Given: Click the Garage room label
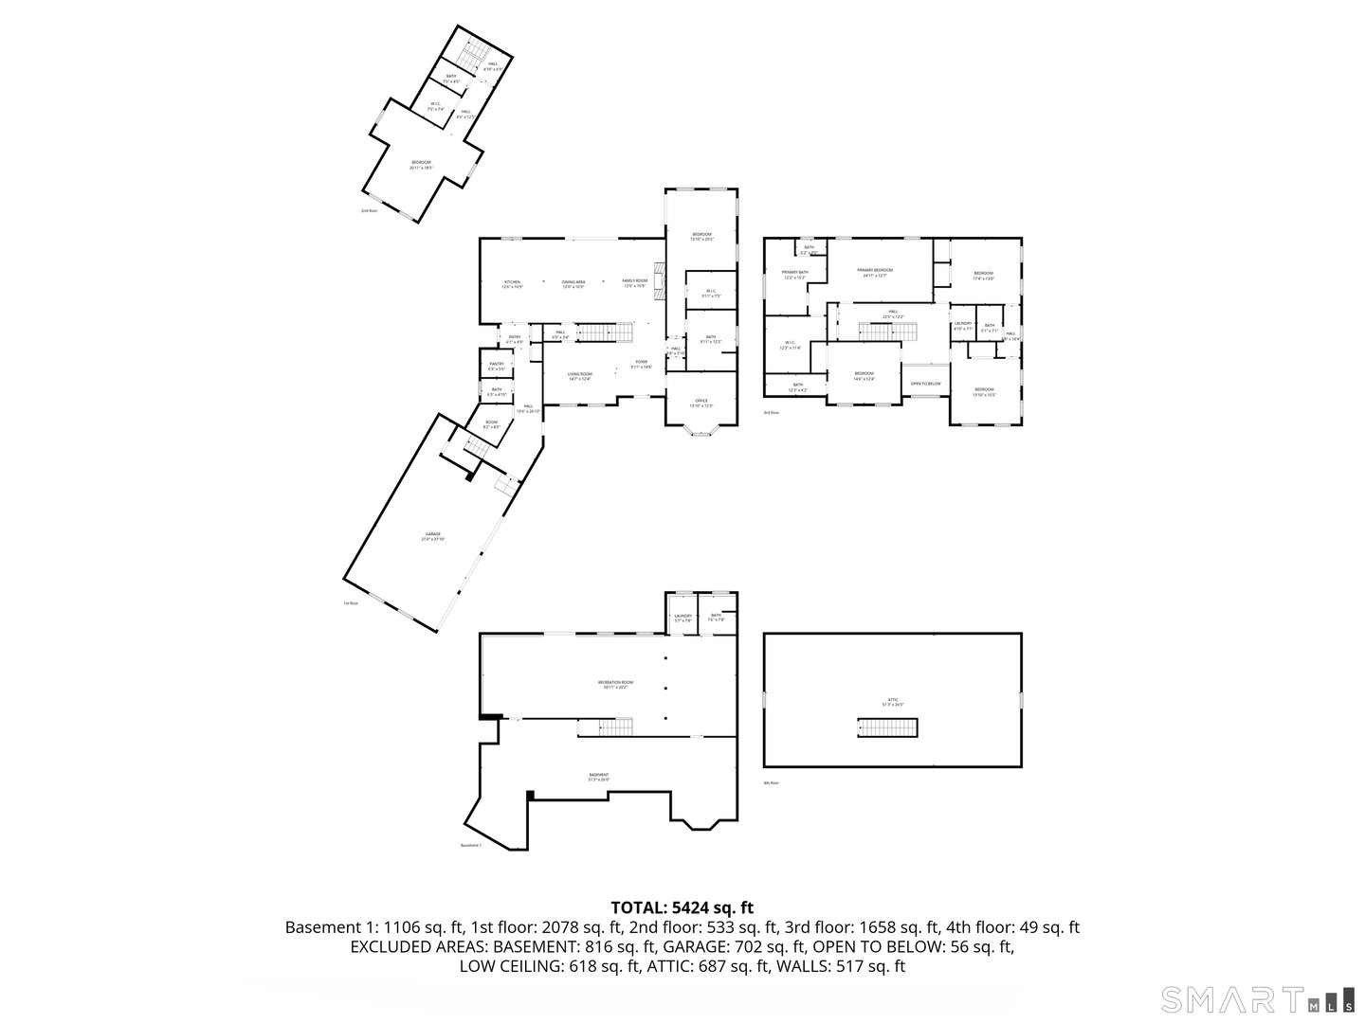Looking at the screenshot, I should tap(433, 536).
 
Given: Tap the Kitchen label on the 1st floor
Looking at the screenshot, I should tap(512, 283).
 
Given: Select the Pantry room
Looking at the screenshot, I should tap(496, 365).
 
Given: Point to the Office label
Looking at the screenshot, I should tap(701, 403).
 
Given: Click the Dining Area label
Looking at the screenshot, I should tap(573, 283).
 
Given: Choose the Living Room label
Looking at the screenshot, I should tap(580, 376).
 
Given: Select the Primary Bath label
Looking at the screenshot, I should tap(795, 275).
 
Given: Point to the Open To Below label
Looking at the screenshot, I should tap(925, 384).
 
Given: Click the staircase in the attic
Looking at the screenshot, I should tap(888, 727).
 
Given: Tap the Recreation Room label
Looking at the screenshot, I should tap(615, 684).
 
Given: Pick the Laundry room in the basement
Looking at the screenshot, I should tap(682, 617).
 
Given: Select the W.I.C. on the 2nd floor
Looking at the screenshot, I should tap(436, 107).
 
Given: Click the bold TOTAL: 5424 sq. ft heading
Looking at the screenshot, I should tap(682, 908).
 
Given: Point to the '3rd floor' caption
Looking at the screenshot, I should tap(771, 413).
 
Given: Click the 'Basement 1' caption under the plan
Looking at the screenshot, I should tap(471, 846).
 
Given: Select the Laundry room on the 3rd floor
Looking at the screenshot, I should tap(963, 326).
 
